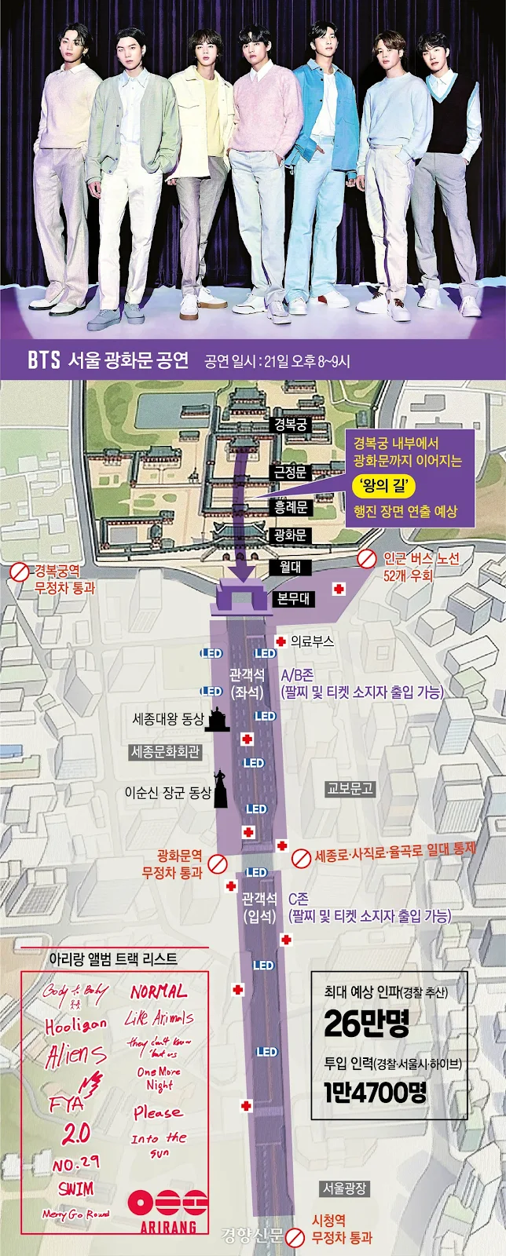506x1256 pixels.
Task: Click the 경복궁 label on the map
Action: point(290,425)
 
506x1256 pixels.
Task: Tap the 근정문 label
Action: point(290,472)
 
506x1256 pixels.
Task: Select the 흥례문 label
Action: point(290,507)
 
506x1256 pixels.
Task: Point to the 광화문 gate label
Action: point(290,535)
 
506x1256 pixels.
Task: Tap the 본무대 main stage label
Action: point(293,598)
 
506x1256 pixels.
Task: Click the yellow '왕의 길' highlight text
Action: point(383,486)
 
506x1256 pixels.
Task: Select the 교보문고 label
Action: point(350,788)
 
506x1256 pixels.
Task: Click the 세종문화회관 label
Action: point(165,752)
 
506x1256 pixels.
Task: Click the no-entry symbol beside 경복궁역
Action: point(20,573)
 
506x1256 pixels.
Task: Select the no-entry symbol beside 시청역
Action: point(295,1239)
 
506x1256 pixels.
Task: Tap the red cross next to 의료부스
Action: point(280,641)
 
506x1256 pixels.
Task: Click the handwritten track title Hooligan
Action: point(75,1025)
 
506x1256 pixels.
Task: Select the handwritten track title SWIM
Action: point(76,1188)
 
